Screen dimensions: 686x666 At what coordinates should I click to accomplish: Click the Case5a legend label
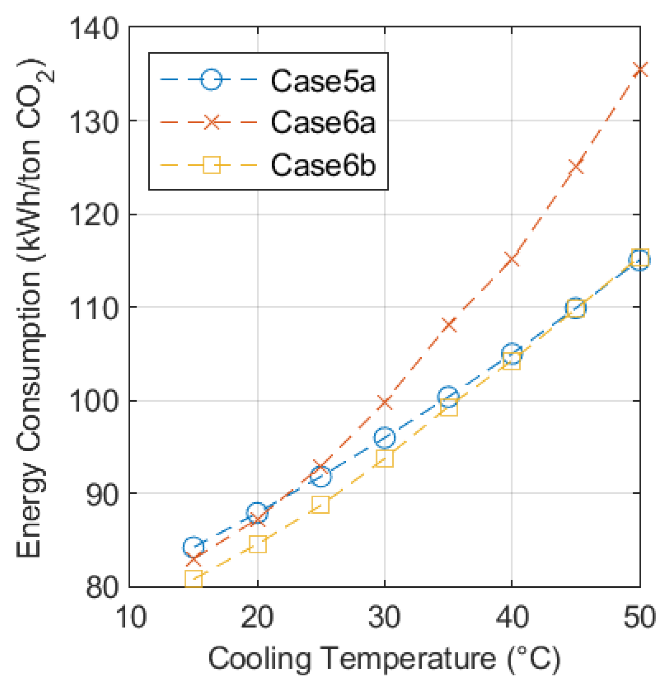pos(323,81)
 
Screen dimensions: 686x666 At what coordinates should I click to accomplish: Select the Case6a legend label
pos(323,122)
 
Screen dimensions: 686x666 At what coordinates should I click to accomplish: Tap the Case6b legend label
pos(323,165)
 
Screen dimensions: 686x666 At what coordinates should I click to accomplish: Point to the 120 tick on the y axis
pos(94,214)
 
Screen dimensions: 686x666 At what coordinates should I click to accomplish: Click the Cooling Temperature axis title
pos(384,659)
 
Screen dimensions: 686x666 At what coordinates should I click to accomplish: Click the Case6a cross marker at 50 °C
pos(640,69)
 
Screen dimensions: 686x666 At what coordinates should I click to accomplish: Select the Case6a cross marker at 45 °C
pos(576,166)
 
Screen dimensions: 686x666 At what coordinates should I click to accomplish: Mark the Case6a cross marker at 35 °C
pos(448,325)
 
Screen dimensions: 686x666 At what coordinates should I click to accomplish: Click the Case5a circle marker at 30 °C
pos(385,438)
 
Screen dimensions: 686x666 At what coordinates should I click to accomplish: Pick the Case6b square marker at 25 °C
pos(321,504)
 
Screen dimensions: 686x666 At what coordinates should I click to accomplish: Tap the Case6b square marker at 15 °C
pos(193,579)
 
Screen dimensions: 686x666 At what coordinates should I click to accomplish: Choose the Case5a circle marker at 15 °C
pos(193,547)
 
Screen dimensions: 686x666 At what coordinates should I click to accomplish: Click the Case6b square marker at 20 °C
pos(258,545)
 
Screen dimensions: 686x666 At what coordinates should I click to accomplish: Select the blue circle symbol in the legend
pos(211,80)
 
